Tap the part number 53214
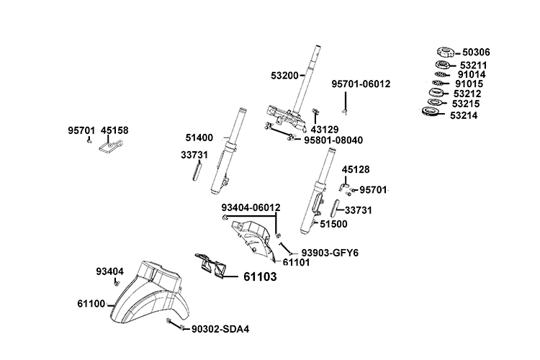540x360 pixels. pos(467,114)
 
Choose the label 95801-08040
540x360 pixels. pos(333,140)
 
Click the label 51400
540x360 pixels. pos(199,137)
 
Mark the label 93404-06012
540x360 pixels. pos(251,207)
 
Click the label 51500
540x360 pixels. pos(333,224)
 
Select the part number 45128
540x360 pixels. pos(356,170)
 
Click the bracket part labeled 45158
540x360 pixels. pos(108,149)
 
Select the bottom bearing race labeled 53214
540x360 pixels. pos(432,113)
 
